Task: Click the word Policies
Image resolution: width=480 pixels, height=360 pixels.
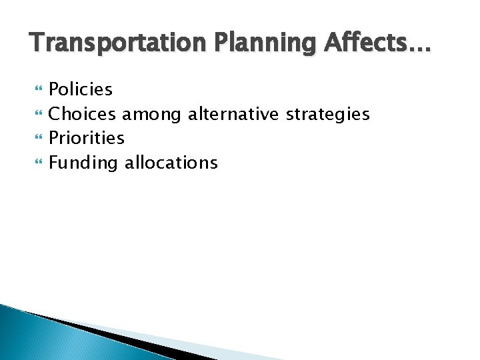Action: [81, 89]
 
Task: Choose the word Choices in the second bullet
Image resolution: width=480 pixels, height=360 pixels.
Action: [85, 114]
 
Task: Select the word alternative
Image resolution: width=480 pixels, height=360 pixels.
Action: [233, 114]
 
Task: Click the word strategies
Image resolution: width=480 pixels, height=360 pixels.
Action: [327, 115]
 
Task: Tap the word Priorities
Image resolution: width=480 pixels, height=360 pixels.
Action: [87, 139]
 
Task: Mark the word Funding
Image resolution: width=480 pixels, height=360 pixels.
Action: [85, 163]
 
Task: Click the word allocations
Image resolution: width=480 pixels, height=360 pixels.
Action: [171, 163]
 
